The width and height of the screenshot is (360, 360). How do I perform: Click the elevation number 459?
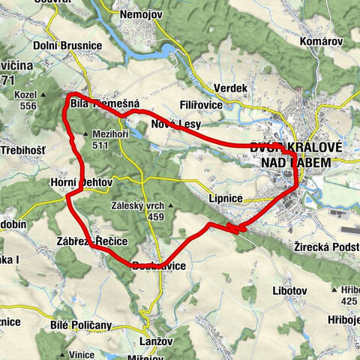156,217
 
